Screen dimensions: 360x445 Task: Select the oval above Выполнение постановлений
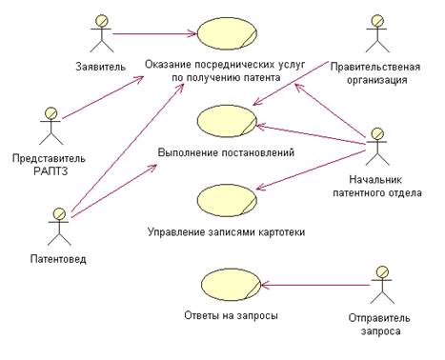click(226, 121)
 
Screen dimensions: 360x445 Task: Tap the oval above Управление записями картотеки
click(226, 199)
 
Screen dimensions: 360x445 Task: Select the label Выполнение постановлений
click(226, 152)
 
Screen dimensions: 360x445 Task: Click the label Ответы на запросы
click(229, 315)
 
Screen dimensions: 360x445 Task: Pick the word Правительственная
click(375, 67)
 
